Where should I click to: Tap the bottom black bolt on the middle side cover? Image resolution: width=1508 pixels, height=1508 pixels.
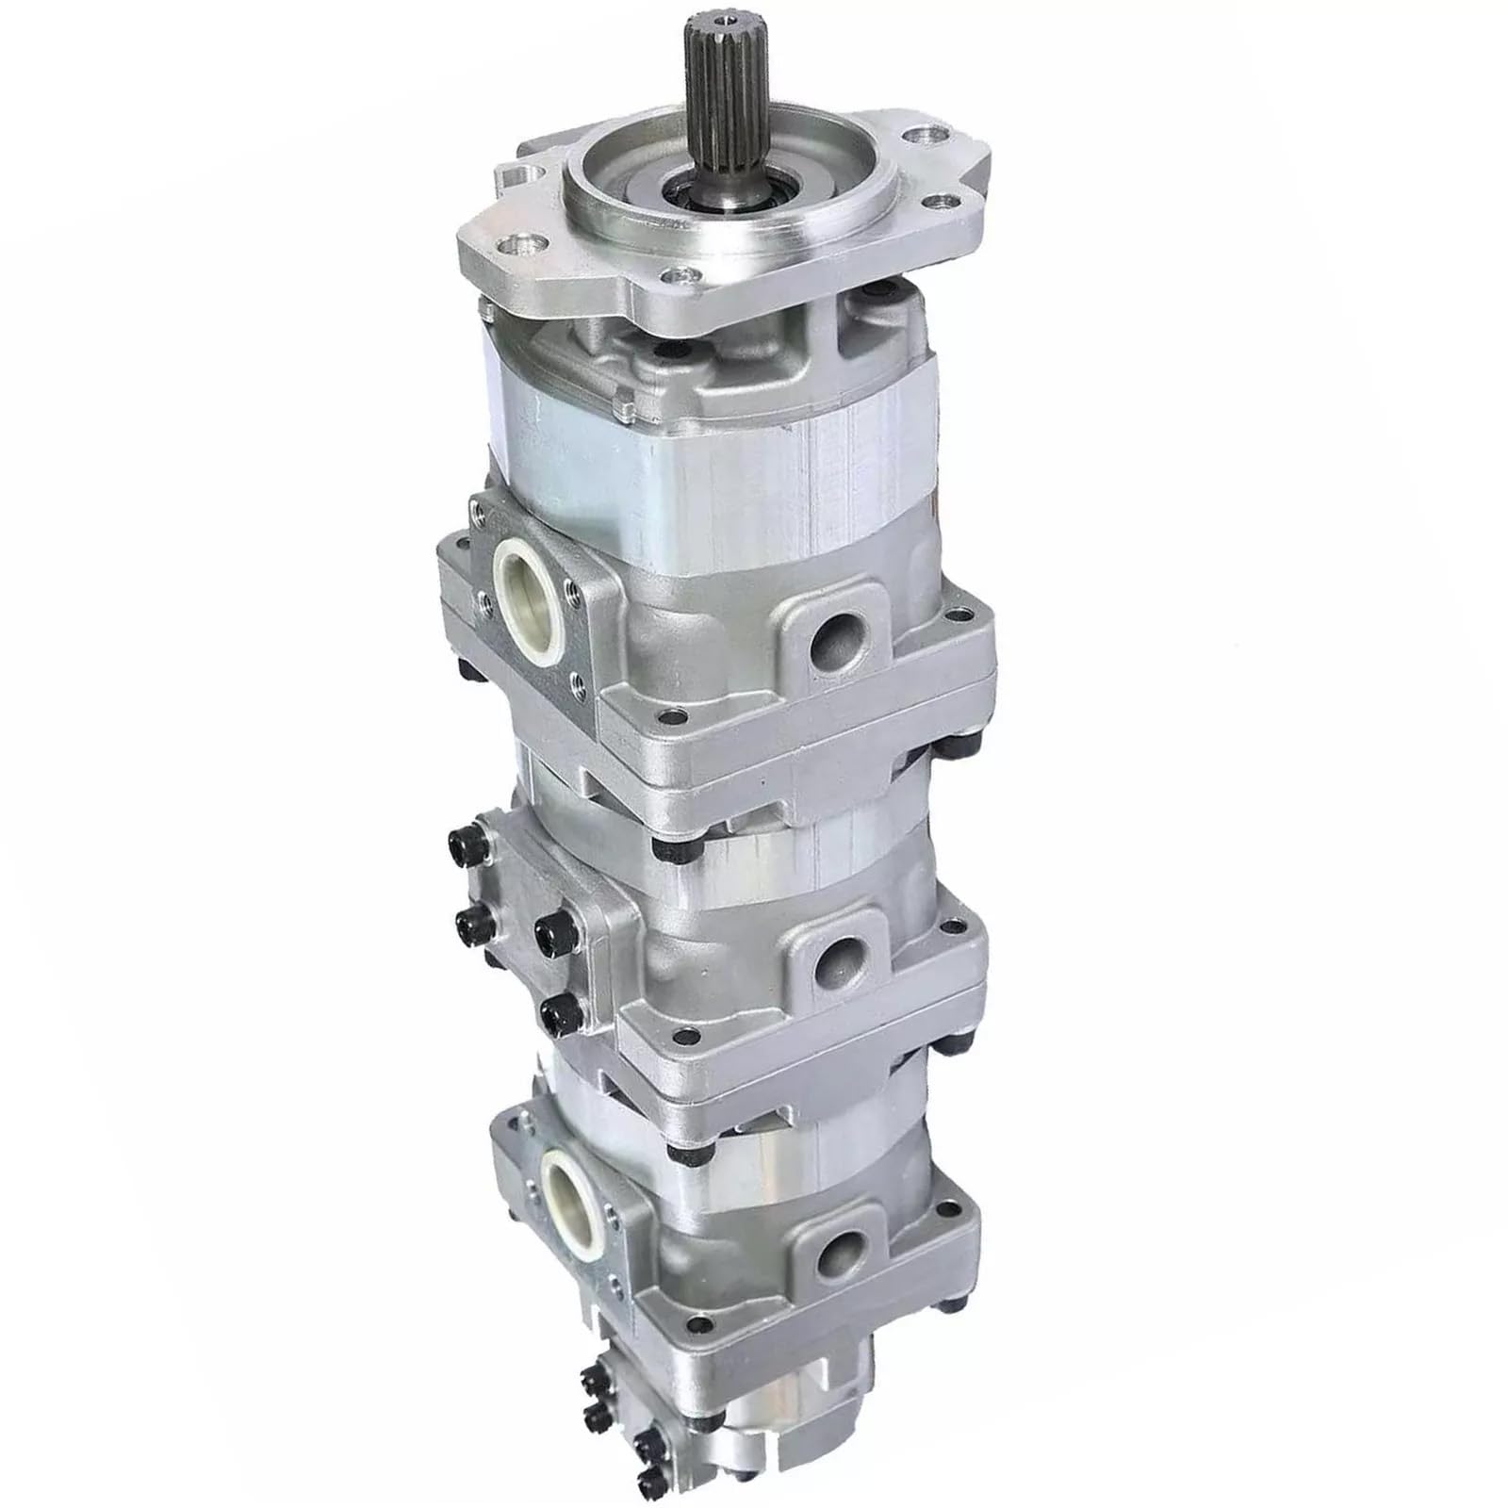[554, 1012]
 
